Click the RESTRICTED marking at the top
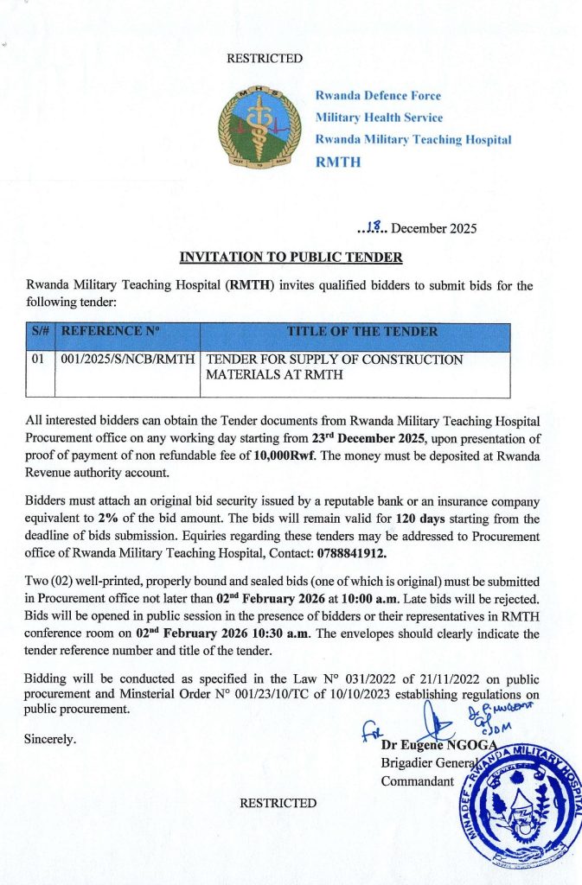[265, 59]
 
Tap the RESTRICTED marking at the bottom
[278, 803]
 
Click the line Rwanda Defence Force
[378, 96]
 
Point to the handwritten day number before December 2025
[374, 228]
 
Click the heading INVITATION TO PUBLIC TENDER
[291, 257]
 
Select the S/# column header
[39, 332]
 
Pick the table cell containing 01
[38, 360]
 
